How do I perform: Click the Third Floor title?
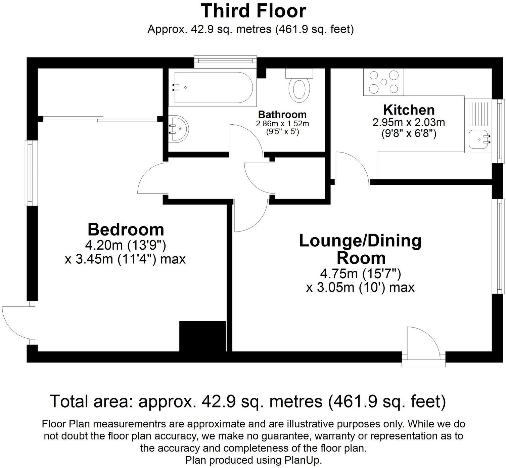tap(253, 11)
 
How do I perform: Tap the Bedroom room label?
tap(126, 229)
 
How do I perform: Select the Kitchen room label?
tap(409, 110)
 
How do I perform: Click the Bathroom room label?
tap(282, 115)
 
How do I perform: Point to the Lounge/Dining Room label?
tap(360, 249)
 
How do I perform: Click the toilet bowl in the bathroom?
tap(300, 89)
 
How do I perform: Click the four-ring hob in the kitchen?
tap(383, 82)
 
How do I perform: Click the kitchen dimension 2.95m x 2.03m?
tap(409, 122)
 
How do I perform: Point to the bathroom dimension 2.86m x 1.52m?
tap(282, 124)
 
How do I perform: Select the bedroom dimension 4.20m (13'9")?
tap(126, 245)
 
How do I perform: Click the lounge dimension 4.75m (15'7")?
tap(360, 274)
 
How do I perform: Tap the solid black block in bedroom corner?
tap(202, 336)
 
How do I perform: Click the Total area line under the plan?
tap(248, 401)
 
